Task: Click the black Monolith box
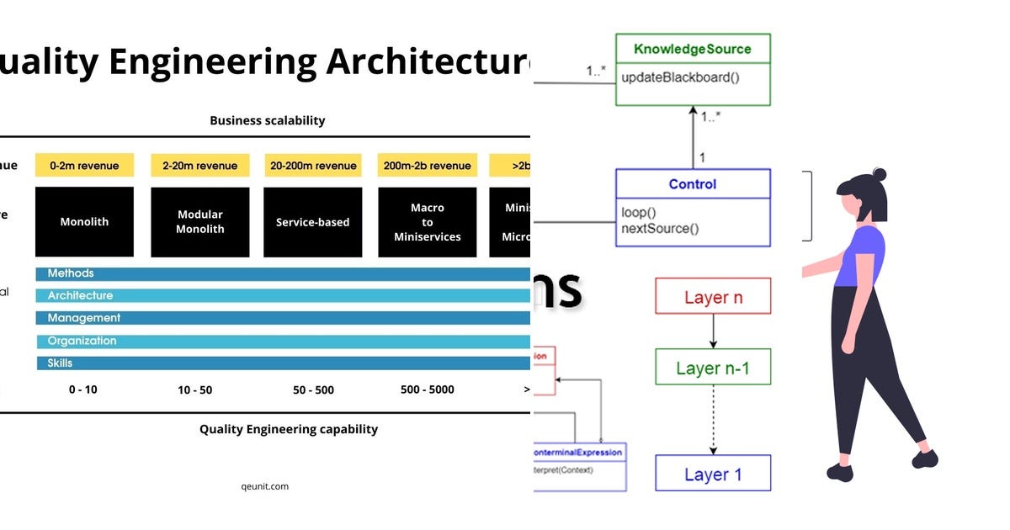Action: (84, 222)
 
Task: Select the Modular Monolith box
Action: (199, 222)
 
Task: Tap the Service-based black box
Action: (312, 222)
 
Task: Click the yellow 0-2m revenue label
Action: (84, 166)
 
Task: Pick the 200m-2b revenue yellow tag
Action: (427, 166)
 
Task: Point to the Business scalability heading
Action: (267, 120)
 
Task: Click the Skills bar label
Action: (60, 363)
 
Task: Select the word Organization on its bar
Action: (82, 341)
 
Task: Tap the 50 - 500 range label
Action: (313, 390)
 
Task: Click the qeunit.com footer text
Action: (264, 486)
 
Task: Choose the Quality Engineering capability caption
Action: (288, 429)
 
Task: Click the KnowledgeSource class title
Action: (692, 49)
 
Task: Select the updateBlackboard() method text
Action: (680, 77)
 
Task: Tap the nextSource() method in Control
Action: (660, 228)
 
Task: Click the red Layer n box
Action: (713, 297)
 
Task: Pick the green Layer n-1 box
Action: (713, 368)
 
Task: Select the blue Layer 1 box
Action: (713, 474)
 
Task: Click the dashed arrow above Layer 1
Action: (714, 421)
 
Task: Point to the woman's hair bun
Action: (879, 175)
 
